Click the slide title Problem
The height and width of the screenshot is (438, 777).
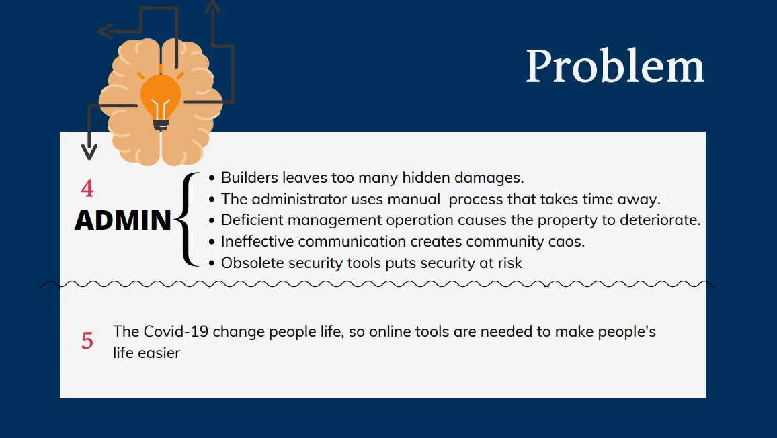pyautogui.click(x=615, y=66)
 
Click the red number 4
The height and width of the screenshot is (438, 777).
pyautogui.click(x=87, y=188)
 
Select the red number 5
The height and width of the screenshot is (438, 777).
pyautogui.click(x=87, y=341)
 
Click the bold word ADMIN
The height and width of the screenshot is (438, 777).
pyautogui.click(x=123, y=220)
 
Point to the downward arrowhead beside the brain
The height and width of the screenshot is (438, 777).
pyautogui.click(x=89, y=152)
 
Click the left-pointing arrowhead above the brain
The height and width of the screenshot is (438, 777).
pyautogui.click(x=105, y=31)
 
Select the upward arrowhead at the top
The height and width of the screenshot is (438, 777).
pyautogui.click(x=213, y=7)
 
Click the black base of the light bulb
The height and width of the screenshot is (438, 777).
pyautogui.click(x=161, y=125)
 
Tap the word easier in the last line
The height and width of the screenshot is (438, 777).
pyautogui.click(x=159, y=353)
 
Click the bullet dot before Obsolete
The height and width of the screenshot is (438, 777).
pyautogui.click(x=212, y=263)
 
